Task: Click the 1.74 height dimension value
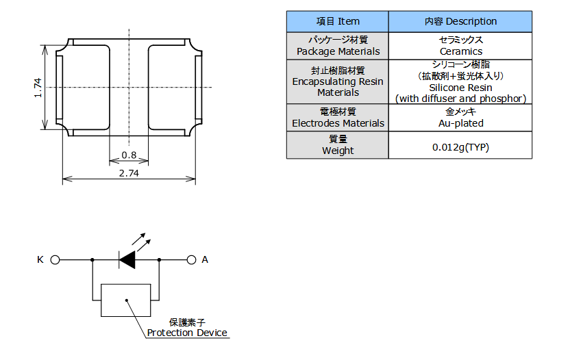pyautogui.click(x=38, y=87)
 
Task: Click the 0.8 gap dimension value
pyautogui.click(x=128, y=155)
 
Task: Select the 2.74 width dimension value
pyautogui.click(x=128, y=173)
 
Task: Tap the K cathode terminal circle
pyautogui.click(x=55, y=260)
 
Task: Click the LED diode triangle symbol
pyautogui.click(x=128, y=260)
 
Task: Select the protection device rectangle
pyautogui.click(x=125, y=300)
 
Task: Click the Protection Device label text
pyautogui.click(x=187, y=333)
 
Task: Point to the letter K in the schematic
pyautogui.click(x=40, y=260)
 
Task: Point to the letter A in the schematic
pyautogui.click(x=205, y=260)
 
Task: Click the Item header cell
pyautogui.click(x=337, y=21)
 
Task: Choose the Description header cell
pyautogui.click(x=460, y=21)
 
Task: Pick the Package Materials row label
pyautogui.click(x=337, y=46)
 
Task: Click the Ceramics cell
pyautogui.click(x=460, y=46)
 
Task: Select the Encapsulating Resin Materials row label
pyautogui.click(x=337, y=81)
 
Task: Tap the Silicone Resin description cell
pyautogui.click(x=460, y=81)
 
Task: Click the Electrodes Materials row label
pyautogui.click(x=337, y=117)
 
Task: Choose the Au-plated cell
pyautogui.click(x=460, y=117)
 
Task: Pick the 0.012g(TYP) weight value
pyautogui.click(x=460, y=146)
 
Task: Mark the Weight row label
pyautogui.click(x=337, y=144)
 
